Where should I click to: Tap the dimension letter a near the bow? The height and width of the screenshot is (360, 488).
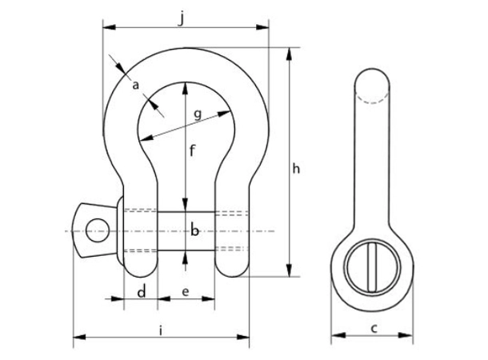click(x=136, y=85)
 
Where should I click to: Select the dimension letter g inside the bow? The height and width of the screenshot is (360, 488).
click(x=197, y=114)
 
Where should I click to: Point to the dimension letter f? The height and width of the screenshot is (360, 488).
click(x=193, y=150)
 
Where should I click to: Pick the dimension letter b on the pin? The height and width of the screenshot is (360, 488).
click(x=194, y=231)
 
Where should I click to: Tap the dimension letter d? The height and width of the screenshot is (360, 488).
click(x=142, y=292)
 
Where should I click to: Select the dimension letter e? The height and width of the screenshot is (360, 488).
click(x=186, y=292)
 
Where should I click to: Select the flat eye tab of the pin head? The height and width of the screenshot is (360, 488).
click(x=90, y=231)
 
